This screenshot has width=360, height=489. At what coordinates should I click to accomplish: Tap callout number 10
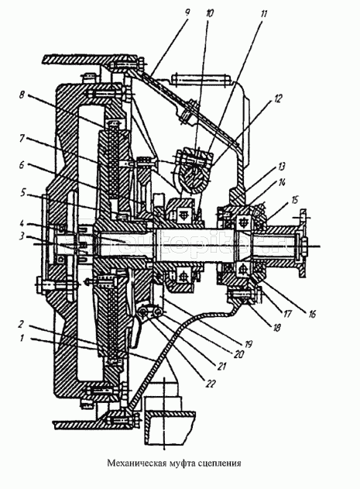click(210, 13)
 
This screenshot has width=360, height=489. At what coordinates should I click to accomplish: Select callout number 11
click(262, 14)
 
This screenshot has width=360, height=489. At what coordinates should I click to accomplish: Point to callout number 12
click(278, 98)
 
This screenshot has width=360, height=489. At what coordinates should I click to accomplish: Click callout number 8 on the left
click(22, 95)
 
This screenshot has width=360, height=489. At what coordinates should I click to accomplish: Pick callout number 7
click(22, 139)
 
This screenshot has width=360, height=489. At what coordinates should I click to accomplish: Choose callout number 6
click(22, 164)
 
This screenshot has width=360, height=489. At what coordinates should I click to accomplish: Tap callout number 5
click(22, 193)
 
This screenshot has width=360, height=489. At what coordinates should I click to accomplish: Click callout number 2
click(20, 325)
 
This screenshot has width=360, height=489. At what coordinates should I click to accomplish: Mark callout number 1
click(22, 338)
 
